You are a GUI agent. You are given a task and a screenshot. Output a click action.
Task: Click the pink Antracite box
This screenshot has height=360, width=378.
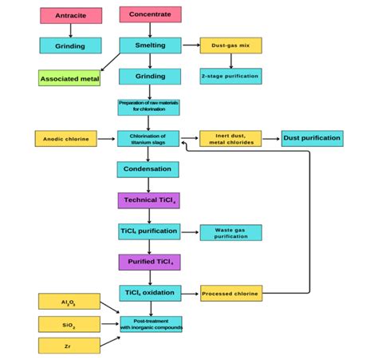click(x=71, y=15)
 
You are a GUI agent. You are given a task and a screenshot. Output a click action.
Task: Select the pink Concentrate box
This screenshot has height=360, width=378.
click(x=149, y=14)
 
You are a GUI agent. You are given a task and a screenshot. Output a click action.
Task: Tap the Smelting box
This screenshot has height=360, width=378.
click(x=149, y=45)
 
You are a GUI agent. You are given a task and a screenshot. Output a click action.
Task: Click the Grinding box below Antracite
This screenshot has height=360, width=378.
click(x=71, y=46)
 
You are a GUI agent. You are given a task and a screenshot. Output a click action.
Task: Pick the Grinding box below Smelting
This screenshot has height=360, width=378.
click(x=149, y=77)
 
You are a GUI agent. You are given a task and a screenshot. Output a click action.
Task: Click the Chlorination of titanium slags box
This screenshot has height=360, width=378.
click(x=149, y=139)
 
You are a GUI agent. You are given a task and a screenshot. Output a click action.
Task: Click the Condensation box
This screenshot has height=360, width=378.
click(x=149, y=169)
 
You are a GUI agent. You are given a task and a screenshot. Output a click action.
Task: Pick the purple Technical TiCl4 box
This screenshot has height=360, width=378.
click(x=149, y=200)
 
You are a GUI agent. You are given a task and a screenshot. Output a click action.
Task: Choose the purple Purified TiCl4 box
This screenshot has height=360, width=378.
click(x=149, y=263)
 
